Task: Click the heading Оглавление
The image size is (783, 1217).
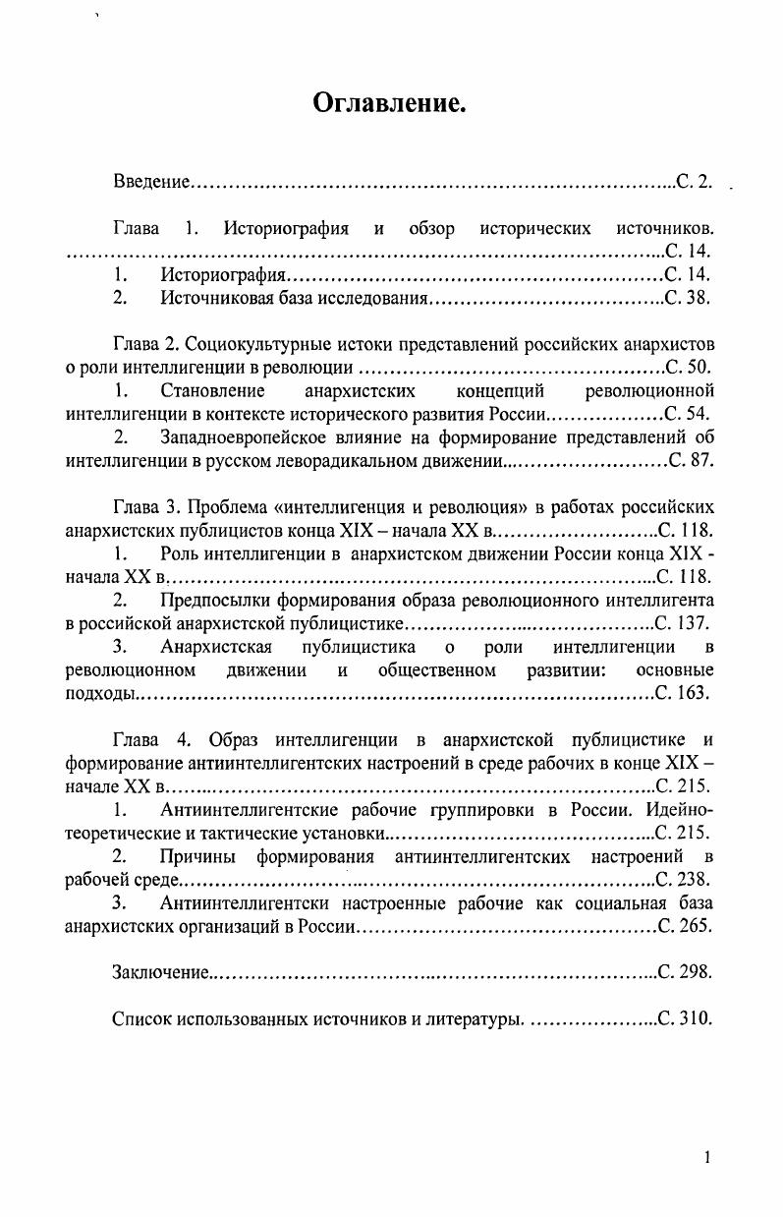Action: coord(389,102)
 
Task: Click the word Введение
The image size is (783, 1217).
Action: coord(149,182)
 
